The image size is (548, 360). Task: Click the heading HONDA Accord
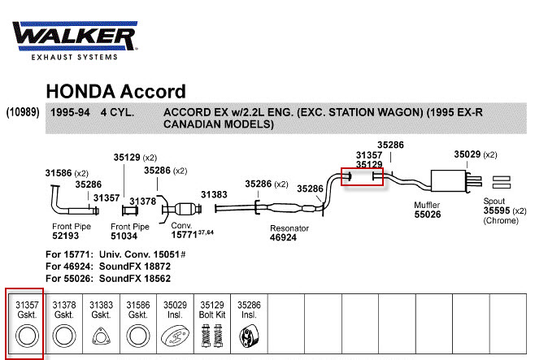[115, 91]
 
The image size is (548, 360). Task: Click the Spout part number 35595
[498, 210]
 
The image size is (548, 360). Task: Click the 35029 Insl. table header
[175, 309]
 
